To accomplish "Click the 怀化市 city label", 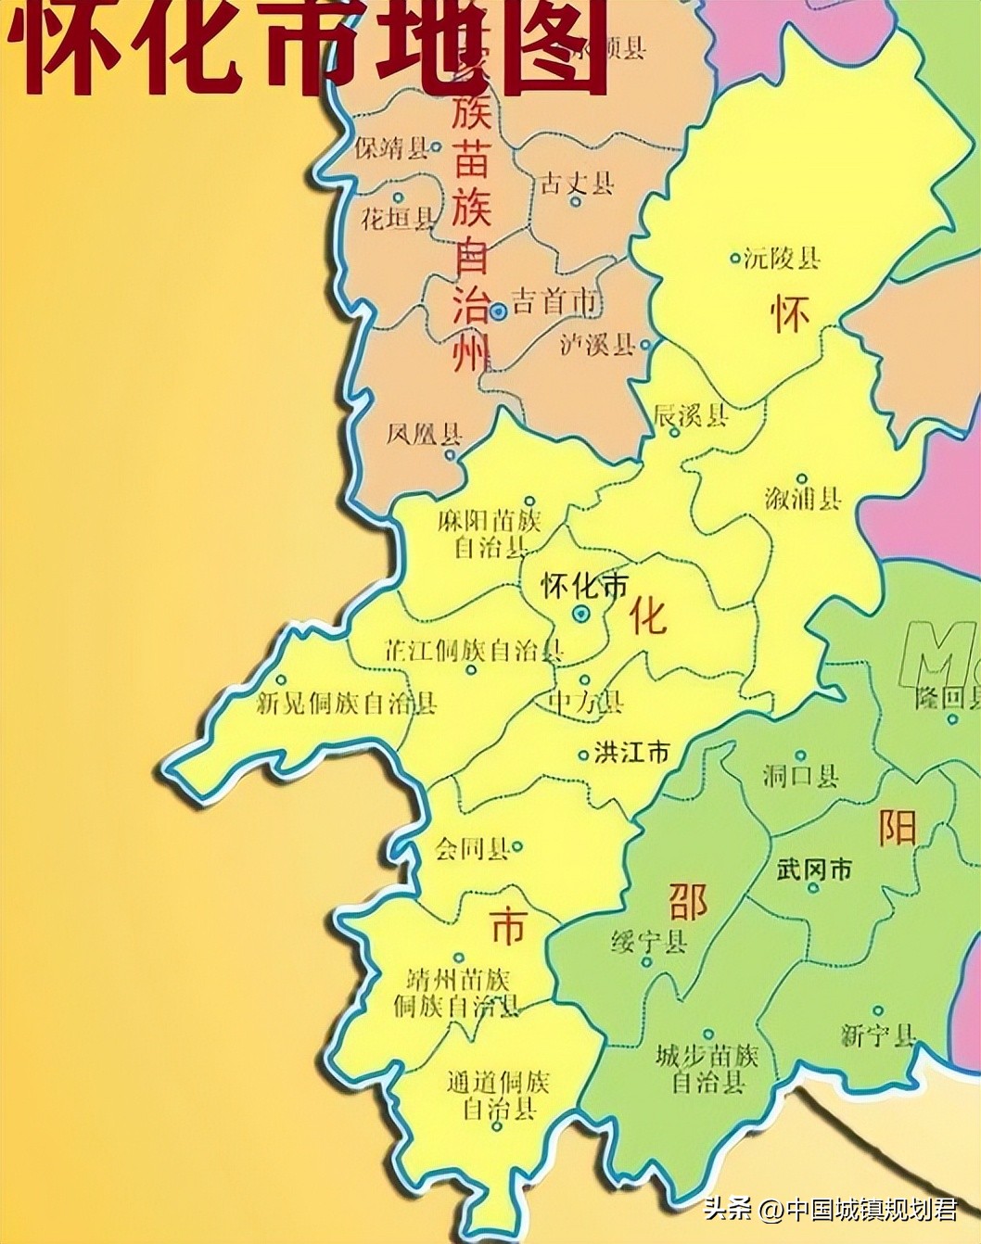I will click(x=584, y=586).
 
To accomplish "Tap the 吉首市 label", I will click(x=554, y=301).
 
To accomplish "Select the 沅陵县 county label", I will click(x=782, y=258).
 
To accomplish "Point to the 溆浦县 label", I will click(x=803, y=499).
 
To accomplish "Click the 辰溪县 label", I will click(x=691, y=415).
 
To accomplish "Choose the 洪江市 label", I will click(x=631, y=752).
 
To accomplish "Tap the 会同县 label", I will click(x=472, y=848).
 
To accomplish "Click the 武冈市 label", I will click(x=813, y=870).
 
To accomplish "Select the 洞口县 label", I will click(x=800, y=775).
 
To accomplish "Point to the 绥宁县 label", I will click(x=649, y=943).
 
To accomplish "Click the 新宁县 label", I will click(x=878, y=1035).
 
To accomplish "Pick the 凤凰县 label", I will click(x=424, y=434).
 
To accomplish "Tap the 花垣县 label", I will click(x=397, y=220).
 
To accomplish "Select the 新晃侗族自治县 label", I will click(x=346, y=704).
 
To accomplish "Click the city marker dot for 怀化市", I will click(x=580, y=614).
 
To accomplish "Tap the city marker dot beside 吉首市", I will click(x=498, y=311).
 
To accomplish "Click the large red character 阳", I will click(x=897, y=827).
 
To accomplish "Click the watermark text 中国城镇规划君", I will click(x=872, y=1210).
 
